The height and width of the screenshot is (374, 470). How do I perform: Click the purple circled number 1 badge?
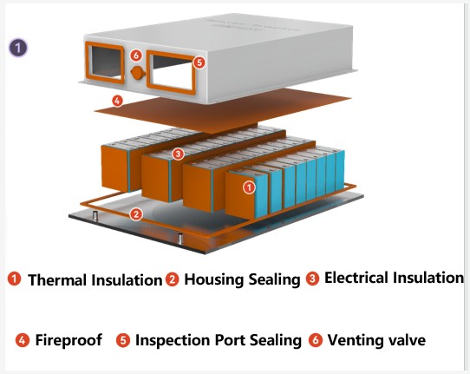tap(18, 48)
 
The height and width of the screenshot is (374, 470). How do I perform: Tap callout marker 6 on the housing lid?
tap(136, 56)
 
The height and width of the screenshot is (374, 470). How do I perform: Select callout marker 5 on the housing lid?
tap(199, 62)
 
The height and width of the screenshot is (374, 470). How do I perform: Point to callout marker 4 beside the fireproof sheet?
tap(117, 101)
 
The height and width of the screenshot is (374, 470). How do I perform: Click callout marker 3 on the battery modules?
tap(178, 154)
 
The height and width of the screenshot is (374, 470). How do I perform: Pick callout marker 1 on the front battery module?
tap(249, 187)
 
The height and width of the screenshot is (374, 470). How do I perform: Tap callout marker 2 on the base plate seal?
tap(136, 214)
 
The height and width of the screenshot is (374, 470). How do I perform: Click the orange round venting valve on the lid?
tap(138, 73)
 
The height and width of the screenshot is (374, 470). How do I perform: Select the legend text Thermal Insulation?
tap(95, 280)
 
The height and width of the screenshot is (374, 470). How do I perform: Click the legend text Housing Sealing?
tap(242, 279)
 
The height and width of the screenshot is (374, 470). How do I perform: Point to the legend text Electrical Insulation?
tap(395, 278)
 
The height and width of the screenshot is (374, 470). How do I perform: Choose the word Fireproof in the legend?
tap(69, 340)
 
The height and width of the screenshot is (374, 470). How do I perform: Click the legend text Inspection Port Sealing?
tap(219, 340)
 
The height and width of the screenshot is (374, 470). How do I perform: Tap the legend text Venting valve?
tap(376, 340)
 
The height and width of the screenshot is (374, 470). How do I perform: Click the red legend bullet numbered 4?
tap(23, 340)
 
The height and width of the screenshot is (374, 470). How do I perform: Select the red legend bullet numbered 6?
tap(316, 340)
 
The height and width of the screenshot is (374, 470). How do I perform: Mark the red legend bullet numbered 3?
tap(313, 279)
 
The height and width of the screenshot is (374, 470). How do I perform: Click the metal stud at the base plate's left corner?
tap(95, 216)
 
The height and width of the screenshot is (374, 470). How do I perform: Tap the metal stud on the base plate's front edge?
tap(180, 239)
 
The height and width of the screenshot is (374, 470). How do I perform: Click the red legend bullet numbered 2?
tap(172, 279)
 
